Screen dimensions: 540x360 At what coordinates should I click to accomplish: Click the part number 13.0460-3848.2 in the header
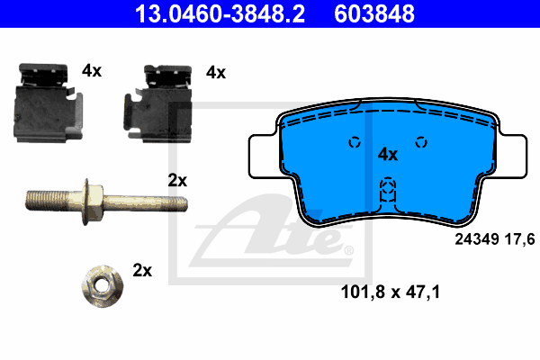220,13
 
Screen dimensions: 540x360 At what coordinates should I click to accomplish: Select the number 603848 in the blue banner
374,13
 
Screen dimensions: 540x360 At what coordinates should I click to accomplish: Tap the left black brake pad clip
48,103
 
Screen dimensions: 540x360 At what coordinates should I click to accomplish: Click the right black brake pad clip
158,103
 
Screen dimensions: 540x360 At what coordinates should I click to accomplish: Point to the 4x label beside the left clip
92,70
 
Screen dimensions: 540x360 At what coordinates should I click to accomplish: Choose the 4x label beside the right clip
216,73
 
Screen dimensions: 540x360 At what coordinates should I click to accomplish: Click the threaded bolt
106,202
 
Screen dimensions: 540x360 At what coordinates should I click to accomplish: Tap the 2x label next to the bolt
177,181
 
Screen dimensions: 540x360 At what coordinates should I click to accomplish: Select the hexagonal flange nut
103,286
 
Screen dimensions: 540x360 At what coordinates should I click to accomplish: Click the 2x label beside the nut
142,270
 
